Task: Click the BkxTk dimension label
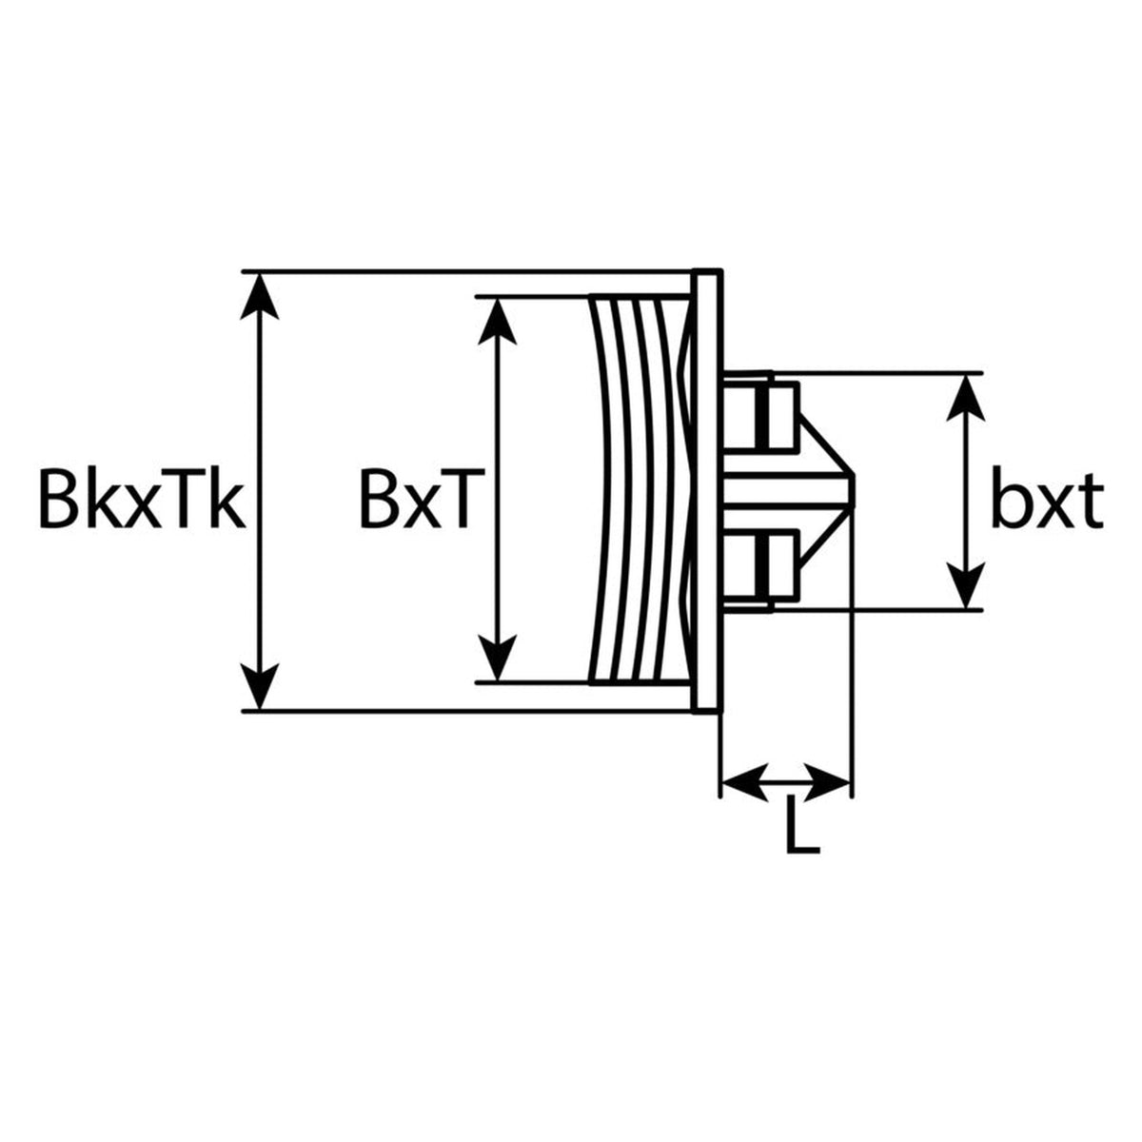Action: [x=142, y=499]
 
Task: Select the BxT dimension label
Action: [x=423, y=499]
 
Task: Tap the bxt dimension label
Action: [x=1047, y=497]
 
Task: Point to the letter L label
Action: [x=803, y=829]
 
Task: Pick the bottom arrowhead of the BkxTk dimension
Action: [x=260, y=685]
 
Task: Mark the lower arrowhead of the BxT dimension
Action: [x=497, y=659]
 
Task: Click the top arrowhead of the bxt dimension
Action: [x=965, y=398]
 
